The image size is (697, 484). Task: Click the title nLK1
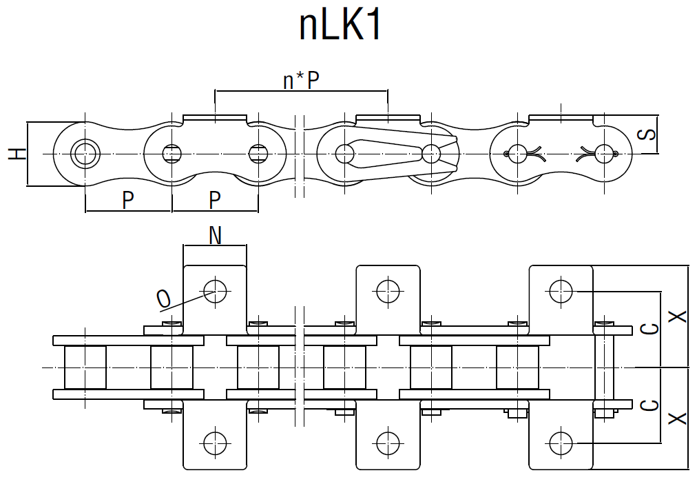[340, 26]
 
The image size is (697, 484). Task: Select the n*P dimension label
[301, 81]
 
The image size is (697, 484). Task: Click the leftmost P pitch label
[127, 200]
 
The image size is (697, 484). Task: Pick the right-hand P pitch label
[214, 200]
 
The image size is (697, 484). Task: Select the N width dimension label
[215, 236]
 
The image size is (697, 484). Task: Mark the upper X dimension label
[678, 316]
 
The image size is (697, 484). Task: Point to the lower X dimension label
[678, 418]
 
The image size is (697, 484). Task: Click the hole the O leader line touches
[215, 291]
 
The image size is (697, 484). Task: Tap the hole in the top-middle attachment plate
[388, 291]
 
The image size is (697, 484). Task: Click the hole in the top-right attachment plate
[561, 291]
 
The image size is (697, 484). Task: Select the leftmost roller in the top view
[85, 367]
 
